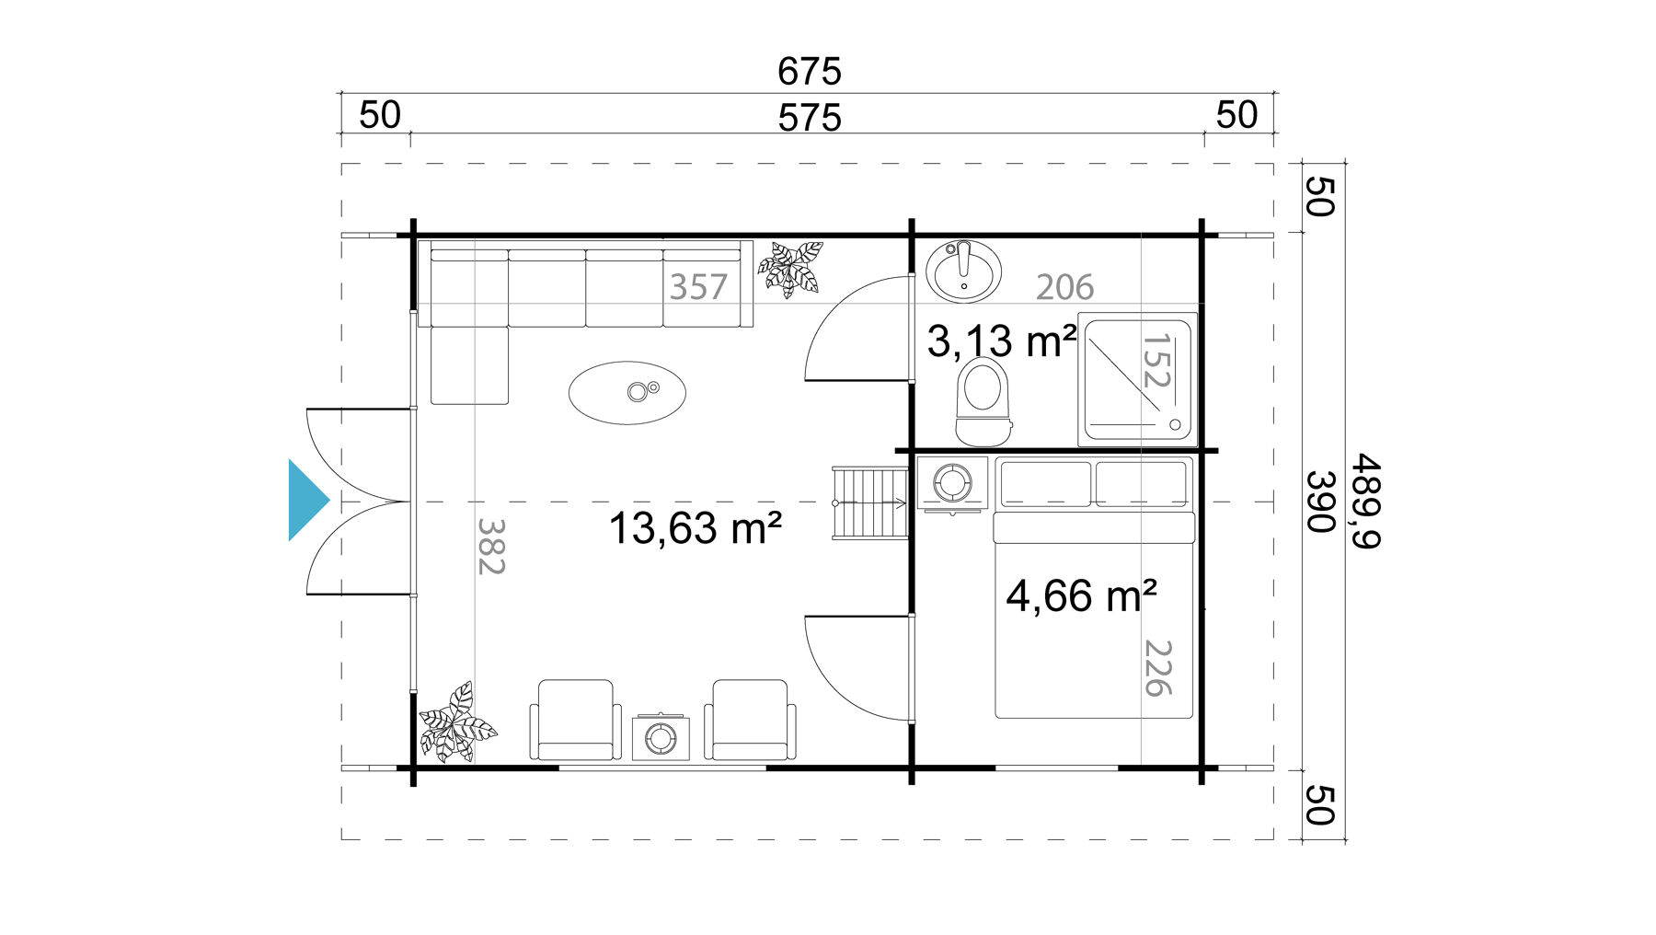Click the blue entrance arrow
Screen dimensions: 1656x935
[x=307, y=500]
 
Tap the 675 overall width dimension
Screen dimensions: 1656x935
[x=810, y=71]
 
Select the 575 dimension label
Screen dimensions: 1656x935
[x=810, y=118]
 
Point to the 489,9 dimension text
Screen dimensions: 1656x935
[x=1365, y=502]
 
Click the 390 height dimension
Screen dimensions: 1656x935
[x=1321, y=502]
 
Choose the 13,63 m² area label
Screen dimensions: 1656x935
[x=696, y=528]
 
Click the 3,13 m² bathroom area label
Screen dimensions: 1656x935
[x=1002, y=341]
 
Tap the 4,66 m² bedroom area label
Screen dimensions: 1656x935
[x=1081, y=595]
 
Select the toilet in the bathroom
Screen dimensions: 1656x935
[x=983, y=401]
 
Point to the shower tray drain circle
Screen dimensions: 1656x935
[x=1175, y=424]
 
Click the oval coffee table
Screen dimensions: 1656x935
[x=627, y=393]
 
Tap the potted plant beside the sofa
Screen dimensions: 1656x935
[x=790, y=268]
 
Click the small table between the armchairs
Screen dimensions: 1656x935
[x=661, y=736]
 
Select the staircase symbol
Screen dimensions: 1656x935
[x=870, y=503]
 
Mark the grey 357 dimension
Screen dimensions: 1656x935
[x=698, y=287]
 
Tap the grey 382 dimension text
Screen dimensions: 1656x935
[x=491, y=547]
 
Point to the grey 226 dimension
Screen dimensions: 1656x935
[x=1157, y=668]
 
